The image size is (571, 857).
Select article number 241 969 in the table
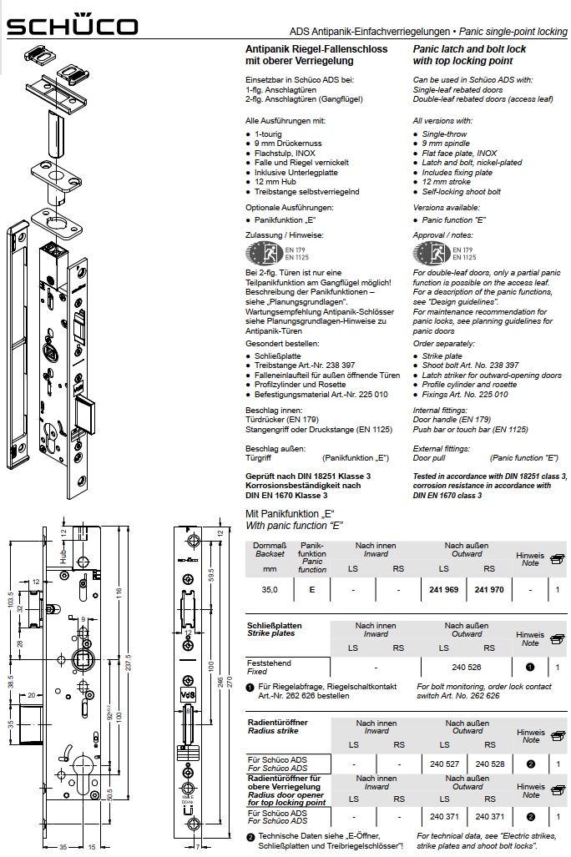[x=444, y=590]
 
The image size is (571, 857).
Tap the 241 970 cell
[x=488, y=590]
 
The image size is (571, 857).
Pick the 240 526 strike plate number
[x=466, y=667]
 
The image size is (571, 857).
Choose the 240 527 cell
[x=444, y=764]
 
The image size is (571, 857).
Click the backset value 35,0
[x=270, y=590]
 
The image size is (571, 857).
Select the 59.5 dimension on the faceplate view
[x=212, y=576]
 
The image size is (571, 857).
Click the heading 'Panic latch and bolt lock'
[x=469, y=49]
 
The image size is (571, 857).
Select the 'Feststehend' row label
[x=269, y=663]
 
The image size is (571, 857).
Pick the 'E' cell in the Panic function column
[x=312, y=590]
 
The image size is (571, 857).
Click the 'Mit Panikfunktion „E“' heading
[x=289, y=513]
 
